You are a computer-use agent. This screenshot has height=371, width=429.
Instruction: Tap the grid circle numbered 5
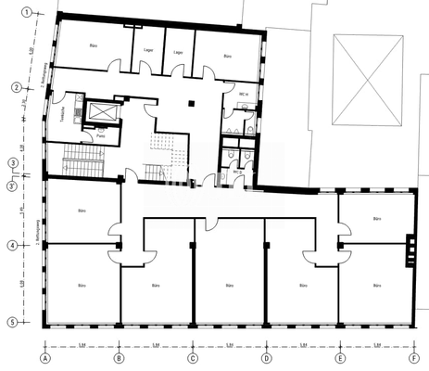tap(13, 322)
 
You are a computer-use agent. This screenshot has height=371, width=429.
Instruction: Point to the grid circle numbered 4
tap(13, 246)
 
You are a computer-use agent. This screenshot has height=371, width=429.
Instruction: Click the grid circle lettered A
tap(44, 357)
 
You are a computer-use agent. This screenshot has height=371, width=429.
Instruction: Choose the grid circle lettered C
tap(193, 357)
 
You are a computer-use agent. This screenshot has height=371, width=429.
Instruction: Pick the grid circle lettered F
tap(413, 357)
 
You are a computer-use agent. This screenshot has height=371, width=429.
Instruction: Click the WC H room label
tap(243, 96)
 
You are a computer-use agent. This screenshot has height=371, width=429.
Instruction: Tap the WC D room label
tap(237, 172)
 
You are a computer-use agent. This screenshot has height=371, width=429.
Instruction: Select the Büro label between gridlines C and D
tap(229, 287)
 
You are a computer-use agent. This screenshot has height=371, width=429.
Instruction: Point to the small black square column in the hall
tap(190, 103)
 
